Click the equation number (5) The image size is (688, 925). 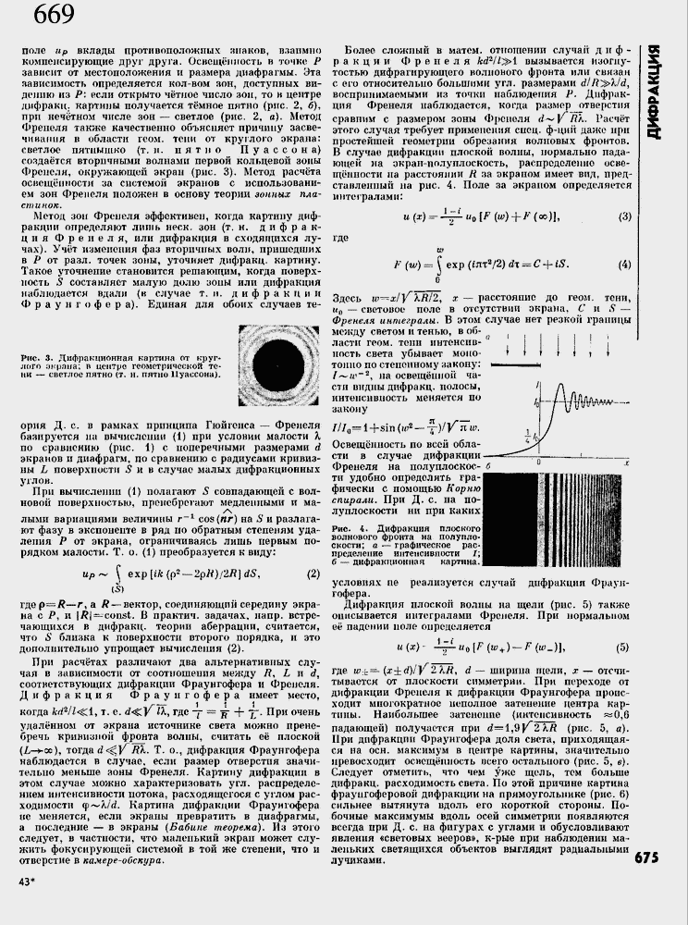[x=622, y=647]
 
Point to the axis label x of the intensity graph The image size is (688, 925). [x=627, y=461]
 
